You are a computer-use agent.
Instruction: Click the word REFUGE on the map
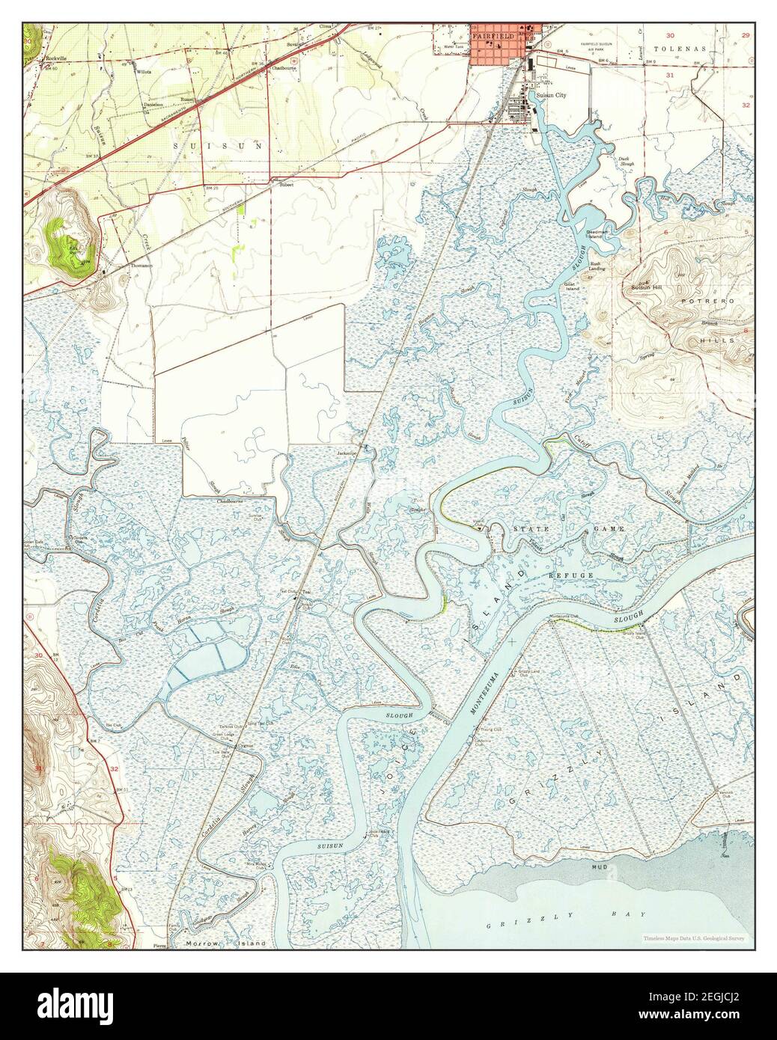571,575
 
